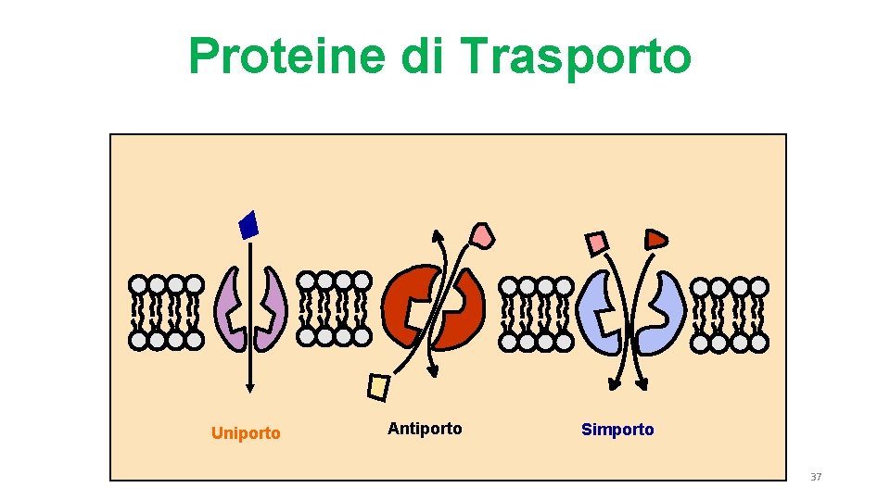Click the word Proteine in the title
[x=287, y=56]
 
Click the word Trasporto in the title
[x=576, y=56]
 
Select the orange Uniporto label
[x=246, y=433]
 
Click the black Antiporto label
[x=425, y=429]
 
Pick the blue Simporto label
[x=617, y=430]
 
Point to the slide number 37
[x=816, y=477]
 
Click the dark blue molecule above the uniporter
[x=248, y=225]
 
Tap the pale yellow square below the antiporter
[x=378, y=387]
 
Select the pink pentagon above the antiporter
[x=482, y=235]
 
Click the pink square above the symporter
[x=597, y=244]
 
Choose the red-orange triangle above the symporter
[x=656, y=239]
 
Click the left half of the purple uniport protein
[x=229, y=310]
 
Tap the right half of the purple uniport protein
[x=271, y=310]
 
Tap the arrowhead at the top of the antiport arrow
[x=436, y=233]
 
